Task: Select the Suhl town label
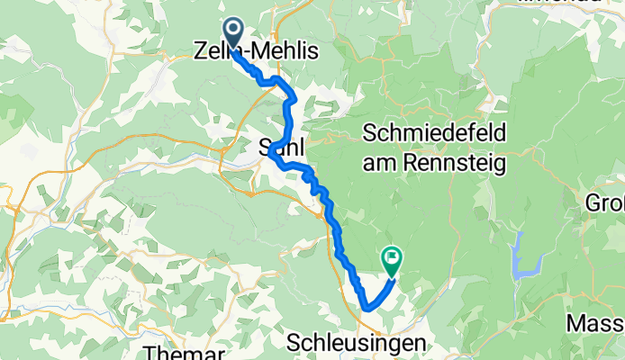click(277, 146)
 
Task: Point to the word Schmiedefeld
click(434, 133)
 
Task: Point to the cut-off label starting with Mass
click(595, 321)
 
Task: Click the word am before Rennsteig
click(376, 163)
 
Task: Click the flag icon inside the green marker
click(392, 256)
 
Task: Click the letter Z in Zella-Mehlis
click(201, 53)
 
